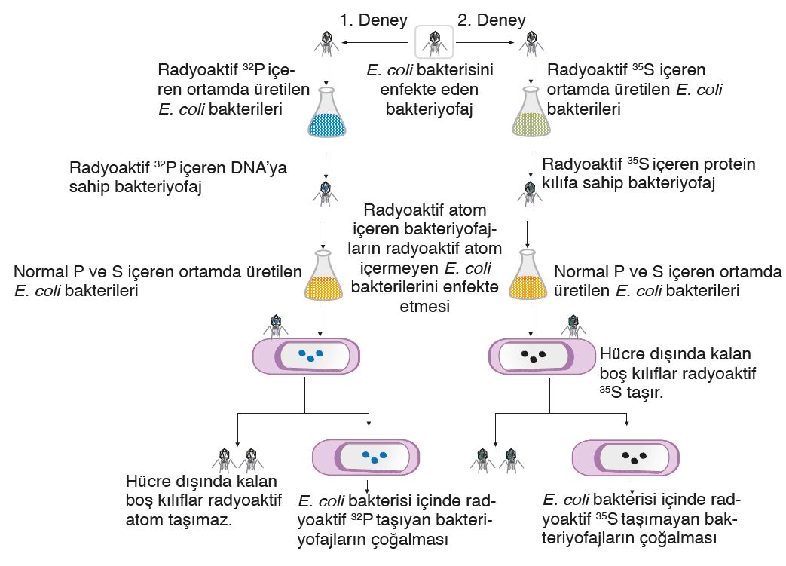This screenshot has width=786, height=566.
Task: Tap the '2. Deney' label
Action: tap(491, 20)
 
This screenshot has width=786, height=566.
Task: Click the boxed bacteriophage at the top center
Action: tap(434, 43)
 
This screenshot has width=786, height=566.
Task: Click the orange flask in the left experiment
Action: tap(323, 279)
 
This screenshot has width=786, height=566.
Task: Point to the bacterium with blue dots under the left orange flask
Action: tap(306, 355)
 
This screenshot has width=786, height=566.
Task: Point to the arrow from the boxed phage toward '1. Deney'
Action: tap(377, 44)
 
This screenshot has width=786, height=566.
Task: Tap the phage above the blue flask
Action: tap(325, 44)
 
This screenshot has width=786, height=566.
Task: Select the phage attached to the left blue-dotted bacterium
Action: tap(276, 326)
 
